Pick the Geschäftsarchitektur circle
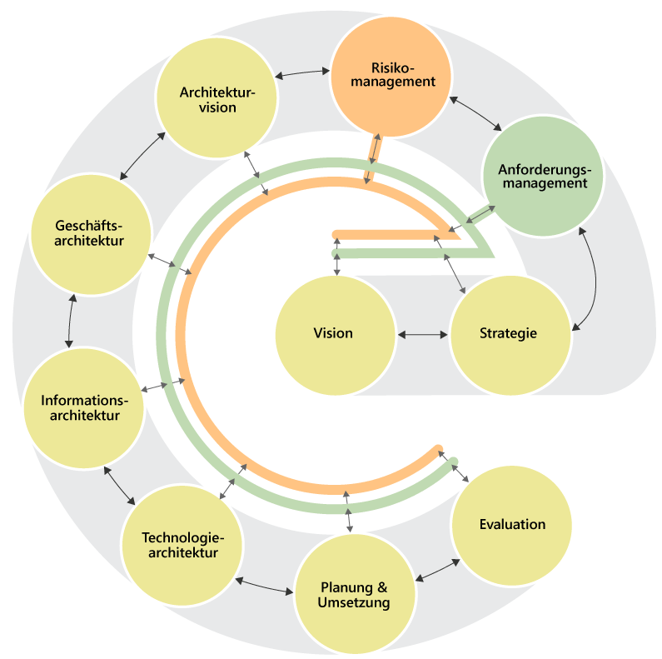91,233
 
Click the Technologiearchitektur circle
182,545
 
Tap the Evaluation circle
511,525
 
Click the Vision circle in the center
334,334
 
